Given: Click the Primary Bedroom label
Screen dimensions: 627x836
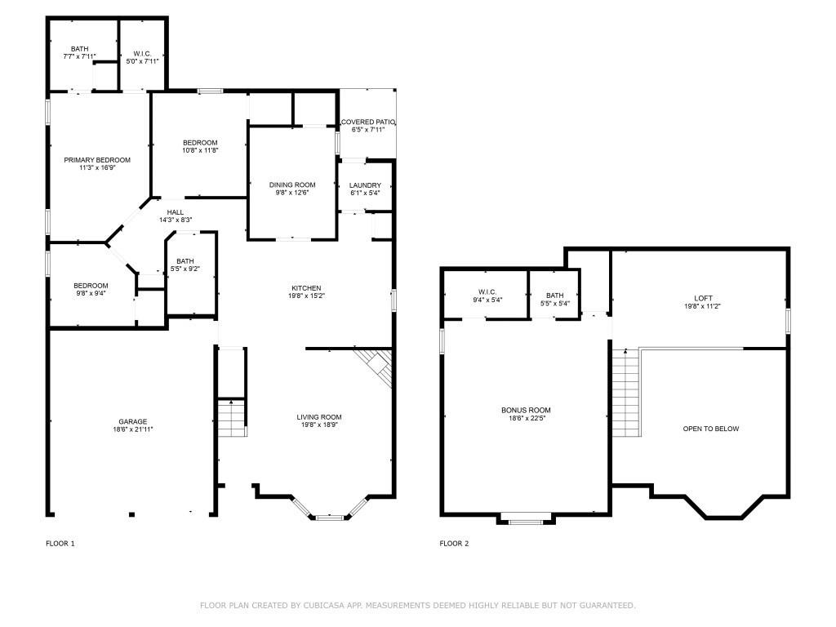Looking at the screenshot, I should click(x=97, y=160).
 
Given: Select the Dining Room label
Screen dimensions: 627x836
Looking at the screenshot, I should click(x=292, y=185).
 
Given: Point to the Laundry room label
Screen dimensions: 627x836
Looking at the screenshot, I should click(x=365, y=185).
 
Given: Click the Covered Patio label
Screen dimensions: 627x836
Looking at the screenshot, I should click(x=367, y=122).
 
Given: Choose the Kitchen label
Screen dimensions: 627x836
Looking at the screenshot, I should click(x=307, y=288).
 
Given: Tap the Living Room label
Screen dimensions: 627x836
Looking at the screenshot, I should click(x=319, y=417).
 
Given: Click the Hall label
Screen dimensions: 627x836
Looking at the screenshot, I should click(x=176, y=212).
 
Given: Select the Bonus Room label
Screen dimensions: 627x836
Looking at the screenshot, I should click(x=526, y=410).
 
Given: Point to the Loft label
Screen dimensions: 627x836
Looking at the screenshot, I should click(x=703, y=298).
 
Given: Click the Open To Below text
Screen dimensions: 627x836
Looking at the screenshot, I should click(x=711, y=429).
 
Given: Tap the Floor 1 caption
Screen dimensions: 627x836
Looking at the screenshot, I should click(x=60, y=544).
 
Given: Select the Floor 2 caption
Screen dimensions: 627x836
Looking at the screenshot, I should click(x=454, y=544).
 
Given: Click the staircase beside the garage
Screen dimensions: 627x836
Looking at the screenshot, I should click(x=232, y=419).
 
